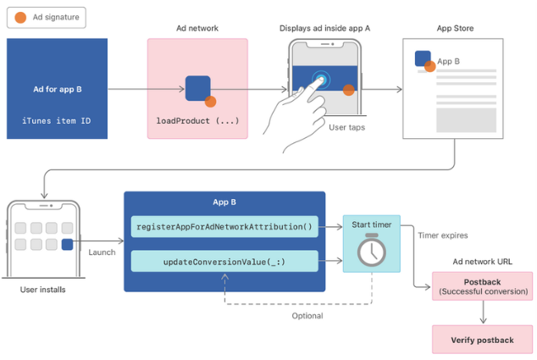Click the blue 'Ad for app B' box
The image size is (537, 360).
coord(57,88)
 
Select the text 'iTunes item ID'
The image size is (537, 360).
coord(57,120)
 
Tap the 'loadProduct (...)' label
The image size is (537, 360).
coord(197,120)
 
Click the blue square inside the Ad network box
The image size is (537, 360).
coord(198,88)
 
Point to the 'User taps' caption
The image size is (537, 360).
coord(347,127)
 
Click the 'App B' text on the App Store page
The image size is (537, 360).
coord(449,61)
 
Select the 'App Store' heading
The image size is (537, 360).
coord(455,29)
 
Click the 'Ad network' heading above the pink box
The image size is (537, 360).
coord(197,29)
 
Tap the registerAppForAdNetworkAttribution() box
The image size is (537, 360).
coord(224,226)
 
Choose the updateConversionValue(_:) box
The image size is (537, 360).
coord(224,262)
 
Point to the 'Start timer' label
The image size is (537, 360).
coord(372,225)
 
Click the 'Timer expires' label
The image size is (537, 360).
coord(442,235)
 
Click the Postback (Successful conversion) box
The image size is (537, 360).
coord(483,285)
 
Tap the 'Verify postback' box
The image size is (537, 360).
coord(483,340)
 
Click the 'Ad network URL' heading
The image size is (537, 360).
coord(483,263)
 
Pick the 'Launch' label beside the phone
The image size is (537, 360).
coord(102,252)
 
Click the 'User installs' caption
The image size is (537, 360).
coord(42,290)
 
